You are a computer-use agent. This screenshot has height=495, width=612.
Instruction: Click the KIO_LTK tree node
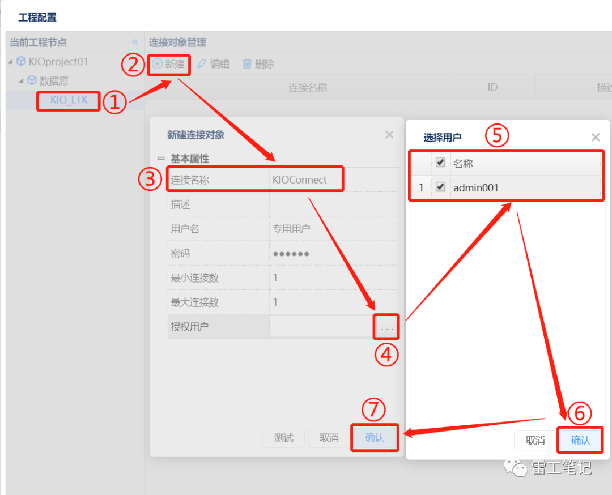tap(69, 100)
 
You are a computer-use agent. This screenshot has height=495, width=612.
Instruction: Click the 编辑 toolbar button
tap(214, 64)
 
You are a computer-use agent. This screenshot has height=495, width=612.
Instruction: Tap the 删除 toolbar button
tap(258, 64)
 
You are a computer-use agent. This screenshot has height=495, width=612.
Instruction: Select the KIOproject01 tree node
tap(53, 62)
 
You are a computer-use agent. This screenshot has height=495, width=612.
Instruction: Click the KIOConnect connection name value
tap(299, 180)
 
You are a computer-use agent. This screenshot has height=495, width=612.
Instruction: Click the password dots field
tap(291, 254)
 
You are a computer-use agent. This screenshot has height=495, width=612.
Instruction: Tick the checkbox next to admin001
tap(440, 187)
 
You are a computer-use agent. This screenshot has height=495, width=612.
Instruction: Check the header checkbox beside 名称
tap(440, 163)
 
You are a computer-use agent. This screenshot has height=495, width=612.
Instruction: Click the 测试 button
tap(283, 438)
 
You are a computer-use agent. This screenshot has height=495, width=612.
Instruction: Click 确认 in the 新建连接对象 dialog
tap(375, 438)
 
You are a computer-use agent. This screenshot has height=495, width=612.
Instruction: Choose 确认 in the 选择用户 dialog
tap(580, 441)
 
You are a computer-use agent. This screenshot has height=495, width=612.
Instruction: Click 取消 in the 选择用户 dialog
tap(535, 441)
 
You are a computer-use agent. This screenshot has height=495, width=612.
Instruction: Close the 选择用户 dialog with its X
tap(595, 137)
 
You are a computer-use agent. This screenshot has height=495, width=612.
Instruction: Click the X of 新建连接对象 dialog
tap(389, 135)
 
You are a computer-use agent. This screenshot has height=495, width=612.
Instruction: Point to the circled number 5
tap(496, 136)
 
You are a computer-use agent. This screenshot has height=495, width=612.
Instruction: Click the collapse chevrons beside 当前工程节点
tap(135, 42)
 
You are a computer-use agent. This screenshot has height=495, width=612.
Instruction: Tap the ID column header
tap(492, 87)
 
